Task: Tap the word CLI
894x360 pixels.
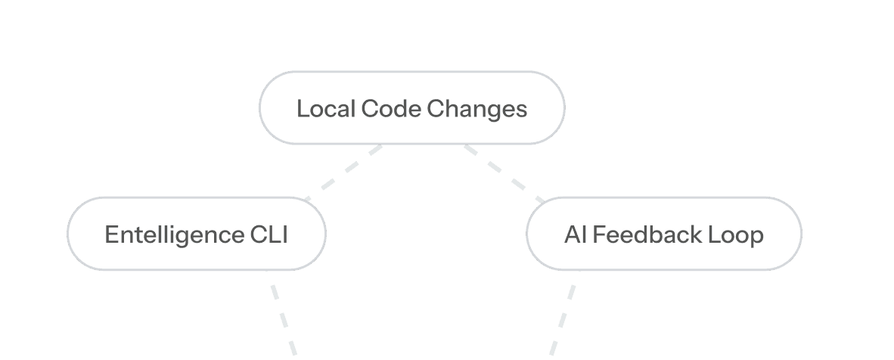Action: (269, 235)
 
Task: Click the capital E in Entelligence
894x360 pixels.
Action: (111, 235)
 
